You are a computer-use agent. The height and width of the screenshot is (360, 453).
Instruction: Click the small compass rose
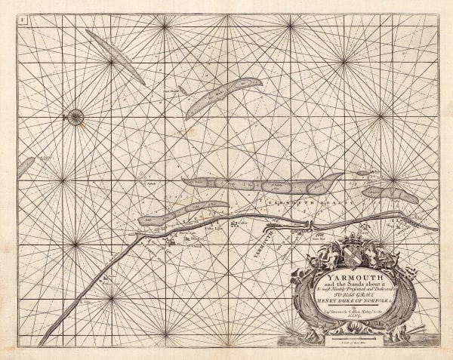click(x=74, y=116)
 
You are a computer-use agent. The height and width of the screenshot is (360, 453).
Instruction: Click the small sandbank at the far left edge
click(x=26, y=166)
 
